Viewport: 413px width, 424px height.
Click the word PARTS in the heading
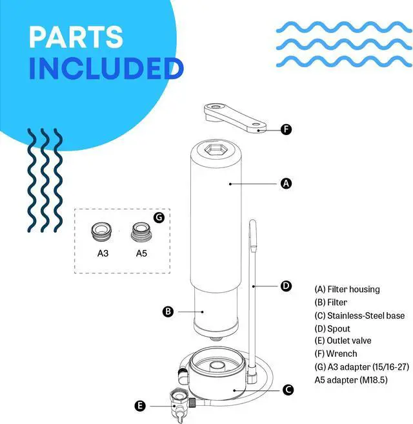click(76, 37)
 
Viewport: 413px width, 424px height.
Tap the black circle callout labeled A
click(287, 184)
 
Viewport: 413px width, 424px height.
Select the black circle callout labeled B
click(168, 312)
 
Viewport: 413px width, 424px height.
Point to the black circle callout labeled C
click(288, 389)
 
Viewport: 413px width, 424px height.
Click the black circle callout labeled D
click(287, 285)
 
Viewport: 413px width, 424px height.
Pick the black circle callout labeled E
click(139, 406)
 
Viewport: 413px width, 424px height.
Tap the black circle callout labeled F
click(287, 129)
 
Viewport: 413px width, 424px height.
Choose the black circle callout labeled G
click(159, 217)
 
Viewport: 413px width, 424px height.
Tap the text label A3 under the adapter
click(103, 253)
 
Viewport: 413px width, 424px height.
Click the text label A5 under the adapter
click(141, 253)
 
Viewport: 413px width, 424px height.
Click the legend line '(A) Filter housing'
click(347, 289)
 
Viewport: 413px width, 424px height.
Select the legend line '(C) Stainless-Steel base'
click(359, 315)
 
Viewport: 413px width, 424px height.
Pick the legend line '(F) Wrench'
click(336, 354)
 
